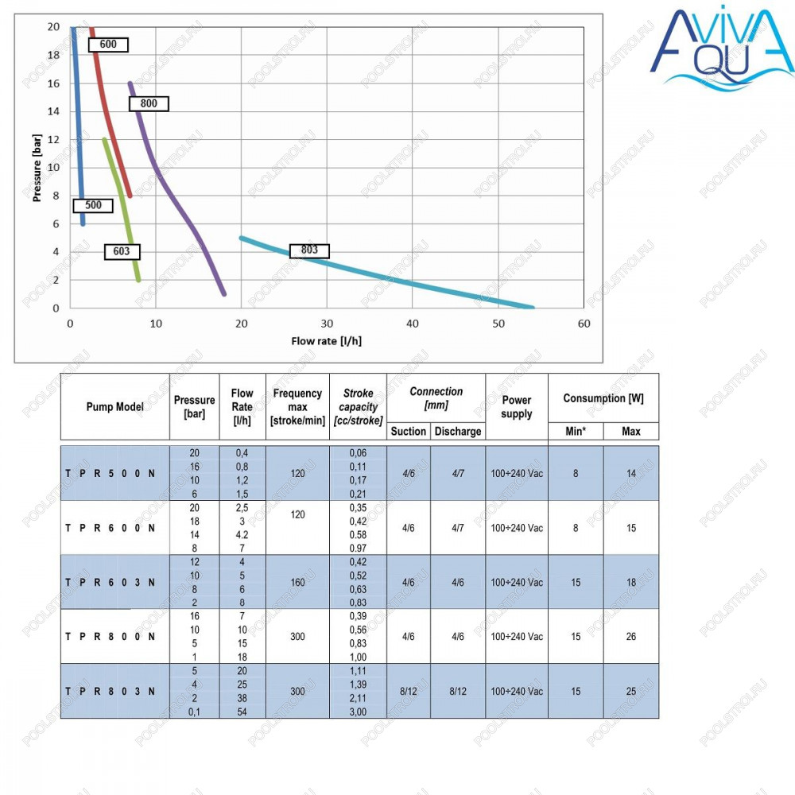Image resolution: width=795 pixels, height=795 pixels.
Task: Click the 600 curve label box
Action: click(108, 45)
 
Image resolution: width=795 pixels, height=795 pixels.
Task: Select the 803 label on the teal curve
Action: click(309, 250)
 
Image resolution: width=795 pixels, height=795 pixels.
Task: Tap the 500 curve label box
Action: click(93, 205)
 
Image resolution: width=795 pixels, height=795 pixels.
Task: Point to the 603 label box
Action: click(122, 251)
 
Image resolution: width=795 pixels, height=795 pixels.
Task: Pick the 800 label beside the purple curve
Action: click(148, 103)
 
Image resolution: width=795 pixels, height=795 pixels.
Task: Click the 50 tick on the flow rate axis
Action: click(498, 324)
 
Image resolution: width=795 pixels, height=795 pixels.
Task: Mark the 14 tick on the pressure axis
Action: click(53, 111)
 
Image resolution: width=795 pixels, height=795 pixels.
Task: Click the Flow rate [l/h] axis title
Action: click(327, 341)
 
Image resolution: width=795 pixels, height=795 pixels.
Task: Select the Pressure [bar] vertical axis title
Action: click(37, 168)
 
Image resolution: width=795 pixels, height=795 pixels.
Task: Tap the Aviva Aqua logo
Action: click(723, 49)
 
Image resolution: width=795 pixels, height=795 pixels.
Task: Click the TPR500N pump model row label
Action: click(110, 474)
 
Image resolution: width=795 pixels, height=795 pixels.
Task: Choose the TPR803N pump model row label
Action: click(110, 691)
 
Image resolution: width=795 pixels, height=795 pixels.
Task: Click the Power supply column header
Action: click(517, 406)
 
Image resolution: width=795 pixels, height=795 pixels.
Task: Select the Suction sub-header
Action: click(408, 432)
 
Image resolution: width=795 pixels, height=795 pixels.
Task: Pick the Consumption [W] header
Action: click(603, 398)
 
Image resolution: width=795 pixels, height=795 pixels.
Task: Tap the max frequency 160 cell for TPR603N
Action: click(297, 582)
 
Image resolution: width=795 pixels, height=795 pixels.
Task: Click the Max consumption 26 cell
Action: click(630, 636)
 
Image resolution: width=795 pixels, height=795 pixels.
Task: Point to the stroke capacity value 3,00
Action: click(358, 712)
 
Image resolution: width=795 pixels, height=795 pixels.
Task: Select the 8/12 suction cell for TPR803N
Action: click(408, 691)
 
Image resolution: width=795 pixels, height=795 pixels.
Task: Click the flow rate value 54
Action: click(242, 712)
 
